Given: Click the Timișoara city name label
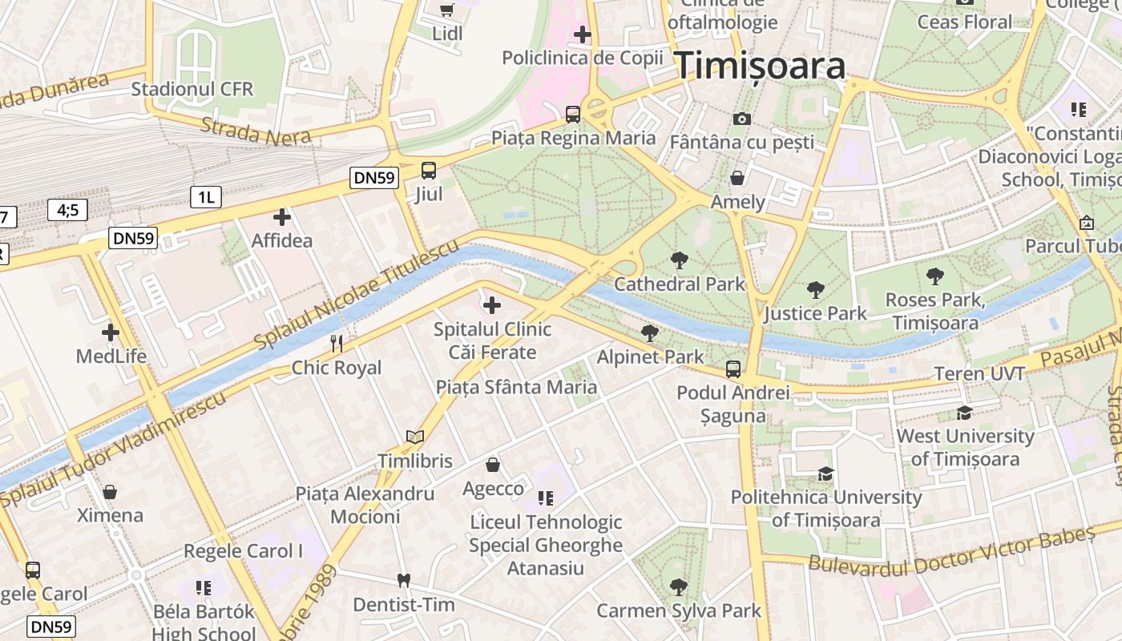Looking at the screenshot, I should click(x=760, y=66).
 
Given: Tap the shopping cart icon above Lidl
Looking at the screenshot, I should click(x=447, y=10).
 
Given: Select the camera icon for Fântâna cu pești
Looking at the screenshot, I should click(x=742, y=119).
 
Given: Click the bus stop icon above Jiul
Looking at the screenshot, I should click(x=429, y=170).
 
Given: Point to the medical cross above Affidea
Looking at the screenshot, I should click(x=282, y=216).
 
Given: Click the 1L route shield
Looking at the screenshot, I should click(x=205, y=196).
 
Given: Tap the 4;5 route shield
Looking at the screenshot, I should click(x=67, y=210).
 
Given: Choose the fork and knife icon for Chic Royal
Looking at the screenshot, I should click(x=337, y=344).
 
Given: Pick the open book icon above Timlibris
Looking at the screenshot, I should click(x=414, y=437).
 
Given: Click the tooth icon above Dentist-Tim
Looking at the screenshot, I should click(x=403, y=580).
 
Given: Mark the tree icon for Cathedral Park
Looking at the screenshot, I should click(x=680, y=260).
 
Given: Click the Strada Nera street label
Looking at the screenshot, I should click(x=256, y=131).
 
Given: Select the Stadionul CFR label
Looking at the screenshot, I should click(x=192, y=88).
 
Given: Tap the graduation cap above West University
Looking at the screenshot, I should click(x=965, y=413).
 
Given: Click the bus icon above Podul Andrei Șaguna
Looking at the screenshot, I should click(x=733, y=369).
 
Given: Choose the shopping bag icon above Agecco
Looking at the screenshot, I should click(x=493, y=465).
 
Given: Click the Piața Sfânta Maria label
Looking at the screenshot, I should click(x=516, y=387).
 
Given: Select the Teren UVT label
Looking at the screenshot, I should click(x=979, y=373).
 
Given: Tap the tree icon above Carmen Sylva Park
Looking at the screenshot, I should click(x=679, y=587).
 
